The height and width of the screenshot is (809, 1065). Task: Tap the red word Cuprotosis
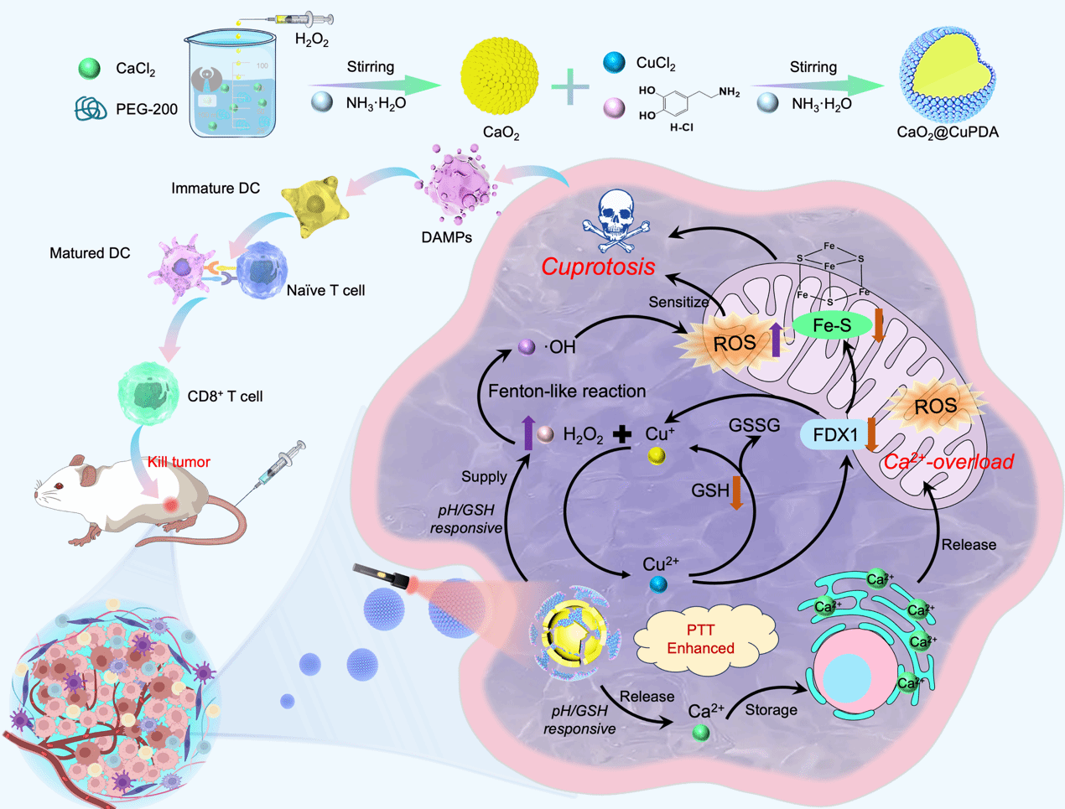(598, 267)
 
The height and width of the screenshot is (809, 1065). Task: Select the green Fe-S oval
(832, 326)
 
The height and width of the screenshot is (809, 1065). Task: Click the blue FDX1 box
(835, 435)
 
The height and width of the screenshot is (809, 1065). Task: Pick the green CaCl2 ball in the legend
(89, 69)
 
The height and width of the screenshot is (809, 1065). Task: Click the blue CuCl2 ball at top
(615, 62)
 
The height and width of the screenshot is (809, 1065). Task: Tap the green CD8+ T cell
(148, 391)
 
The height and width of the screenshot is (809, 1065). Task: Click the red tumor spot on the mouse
(171, 505)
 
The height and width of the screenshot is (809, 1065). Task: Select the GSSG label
(754, 425)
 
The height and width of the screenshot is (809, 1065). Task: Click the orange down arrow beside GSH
(736, 493)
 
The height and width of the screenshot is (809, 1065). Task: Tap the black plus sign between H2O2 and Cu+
(621, 434)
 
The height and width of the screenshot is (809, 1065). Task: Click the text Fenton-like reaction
(567, 391)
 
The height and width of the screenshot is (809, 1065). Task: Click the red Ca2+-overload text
(948, 461)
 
